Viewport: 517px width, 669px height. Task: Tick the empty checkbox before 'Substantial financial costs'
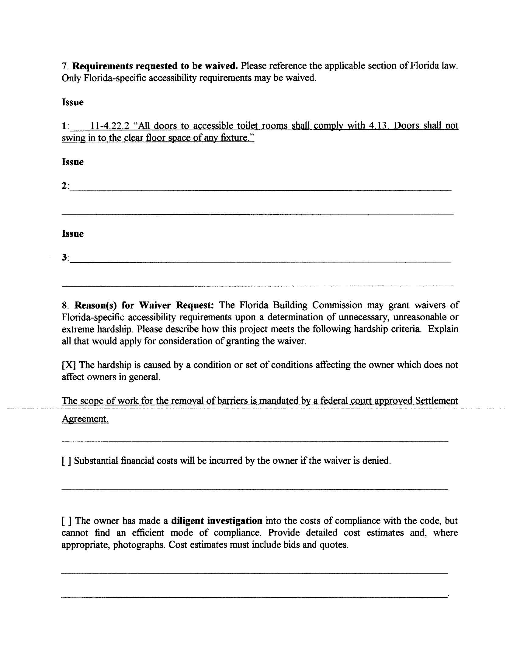[67, 461]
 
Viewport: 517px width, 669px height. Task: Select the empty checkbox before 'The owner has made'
[67, 521]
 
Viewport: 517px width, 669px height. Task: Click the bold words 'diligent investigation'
[217, 521]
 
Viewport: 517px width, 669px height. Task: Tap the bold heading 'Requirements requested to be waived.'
[155, 66]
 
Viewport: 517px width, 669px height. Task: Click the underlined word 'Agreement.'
[85, 419]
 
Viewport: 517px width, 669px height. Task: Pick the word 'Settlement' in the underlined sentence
[436, 401]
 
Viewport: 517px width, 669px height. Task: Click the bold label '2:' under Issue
[65, 186]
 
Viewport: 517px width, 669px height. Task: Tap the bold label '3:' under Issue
[65, 258]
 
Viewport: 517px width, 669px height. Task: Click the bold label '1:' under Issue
[65, 126]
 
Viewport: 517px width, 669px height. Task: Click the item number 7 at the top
[64, 66]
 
